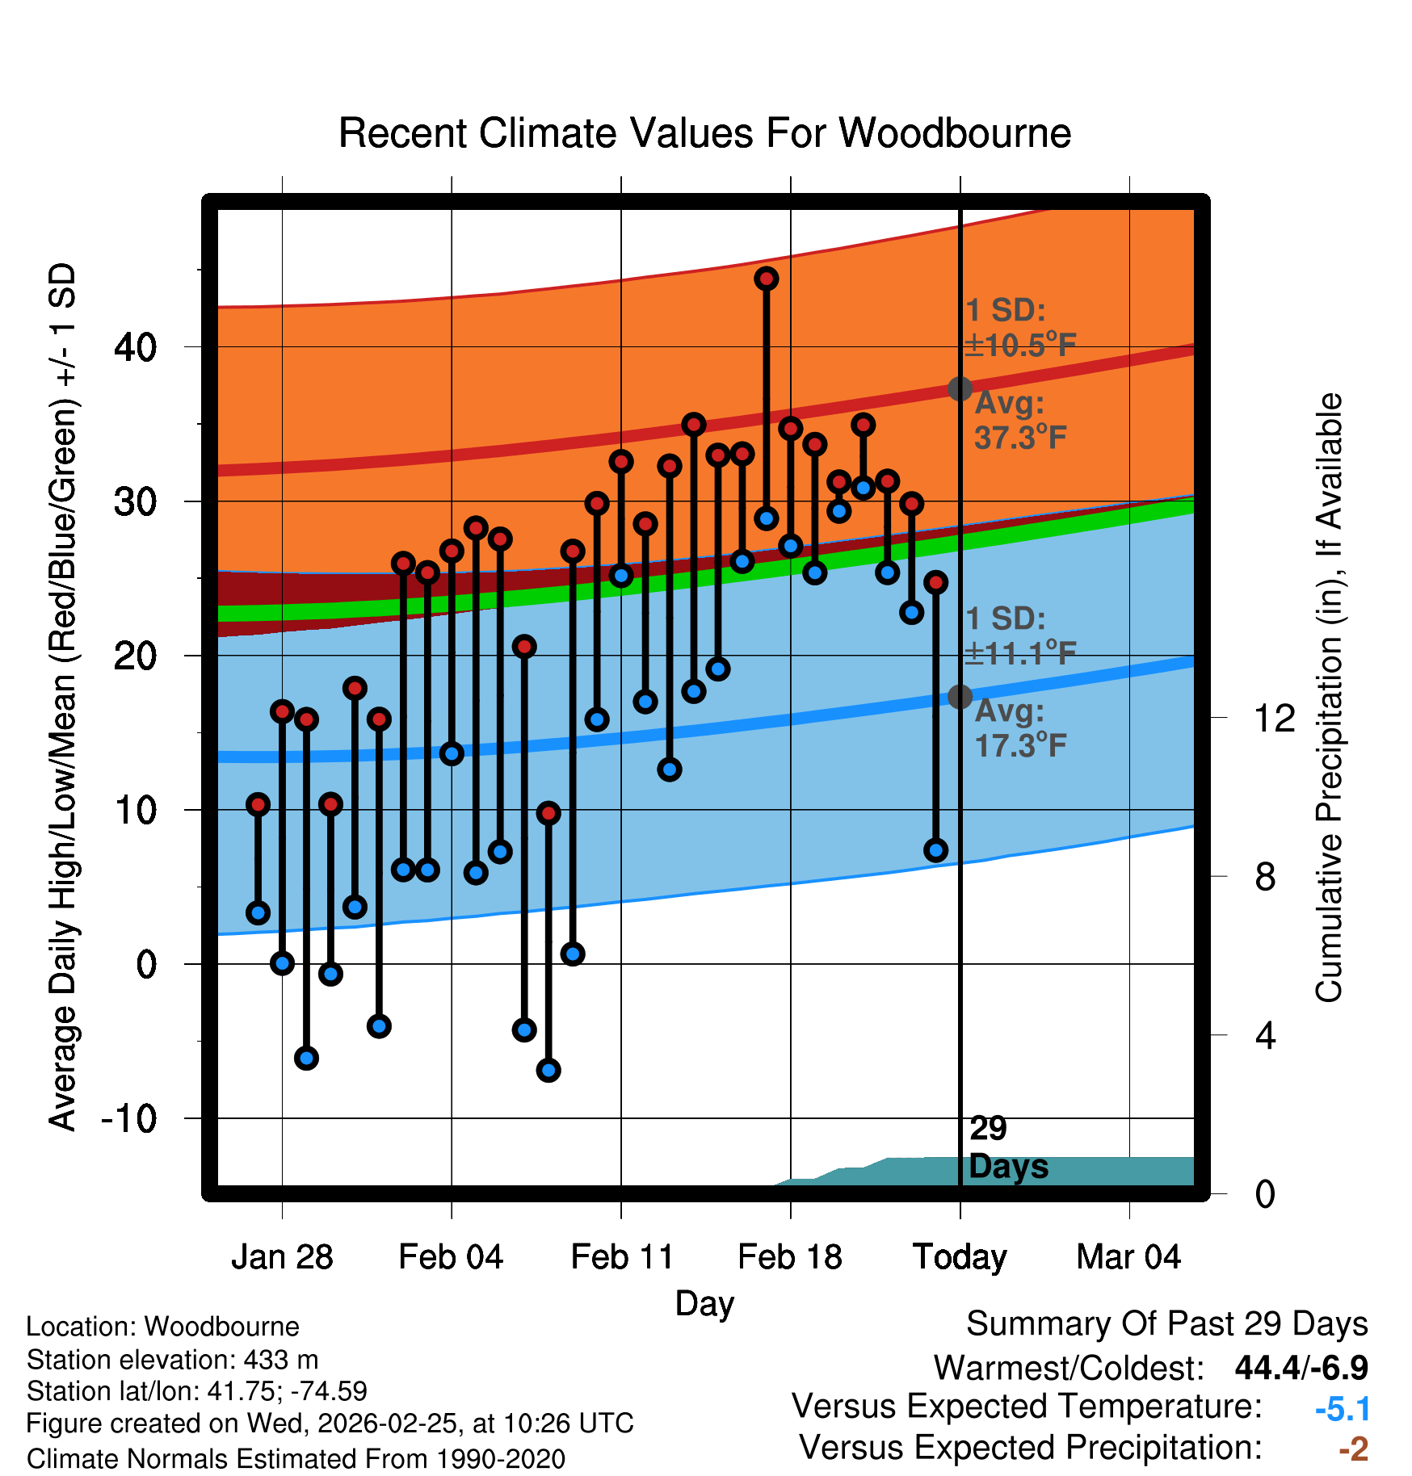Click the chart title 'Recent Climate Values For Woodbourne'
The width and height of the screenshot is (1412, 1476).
[x=704, y=133]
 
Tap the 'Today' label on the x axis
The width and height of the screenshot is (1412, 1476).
[x=960, y=1256]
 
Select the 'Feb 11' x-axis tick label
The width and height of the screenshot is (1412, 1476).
[x=621, y=1256]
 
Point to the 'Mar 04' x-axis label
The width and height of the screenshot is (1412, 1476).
[x=1128, y=1256]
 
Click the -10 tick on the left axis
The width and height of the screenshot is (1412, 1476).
[x=128, y=1118]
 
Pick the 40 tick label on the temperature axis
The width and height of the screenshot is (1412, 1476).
[x=135, y=347]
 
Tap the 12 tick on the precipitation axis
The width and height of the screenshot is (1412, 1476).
[x=1274, y=718]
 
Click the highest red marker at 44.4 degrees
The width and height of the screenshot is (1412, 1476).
[x=766, y=279]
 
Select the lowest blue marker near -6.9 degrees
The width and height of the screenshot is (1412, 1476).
[x=548, y=1071]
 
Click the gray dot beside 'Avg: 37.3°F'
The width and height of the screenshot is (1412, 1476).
[x=960, y=388]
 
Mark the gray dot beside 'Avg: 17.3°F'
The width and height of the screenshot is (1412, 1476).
[x=960, y=696]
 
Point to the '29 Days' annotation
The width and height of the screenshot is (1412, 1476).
[x=1007, y=1147]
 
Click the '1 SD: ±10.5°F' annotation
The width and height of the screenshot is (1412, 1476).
[x=1019, y=328]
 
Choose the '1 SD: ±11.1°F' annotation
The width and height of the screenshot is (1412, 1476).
[x=1019, y=635]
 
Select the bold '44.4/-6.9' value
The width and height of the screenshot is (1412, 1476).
[x=1301, y=1368]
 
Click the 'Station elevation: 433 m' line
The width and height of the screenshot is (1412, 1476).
[x=172, y=1360]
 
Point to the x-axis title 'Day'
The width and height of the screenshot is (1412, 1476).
[x=704, y=1303]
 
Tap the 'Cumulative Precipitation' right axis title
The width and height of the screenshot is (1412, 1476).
[x=1329, y=698]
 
